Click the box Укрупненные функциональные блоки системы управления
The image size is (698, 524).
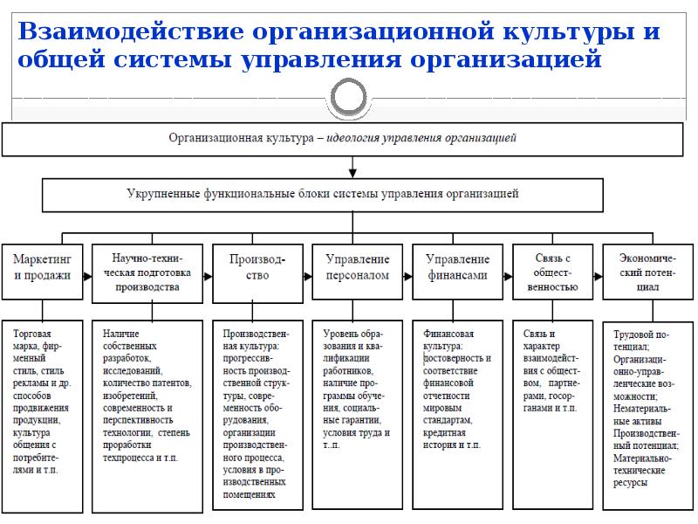coord(322,194)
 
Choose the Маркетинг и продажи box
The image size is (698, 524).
coord(42,267)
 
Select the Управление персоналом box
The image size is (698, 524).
coord(357,267)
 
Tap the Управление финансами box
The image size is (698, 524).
coord(456,267)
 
